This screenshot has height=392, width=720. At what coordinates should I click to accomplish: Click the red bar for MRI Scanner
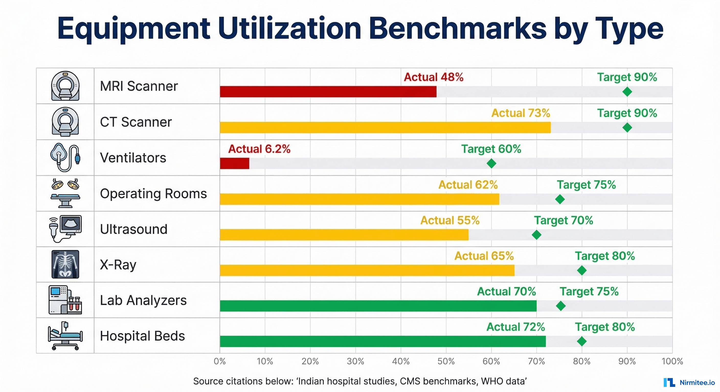(328, 92)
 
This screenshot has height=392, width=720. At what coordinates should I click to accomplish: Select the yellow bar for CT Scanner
(385, 128)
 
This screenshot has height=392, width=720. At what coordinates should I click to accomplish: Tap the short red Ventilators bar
(234, 164)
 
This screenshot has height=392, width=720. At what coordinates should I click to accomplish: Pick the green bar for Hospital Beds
(383, 341)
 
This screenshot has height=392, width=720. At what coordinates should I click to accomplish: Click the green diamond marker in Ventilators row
(491, 164)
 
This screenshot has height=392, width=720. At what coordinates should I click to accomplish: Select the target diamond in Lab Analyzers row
(561, 306)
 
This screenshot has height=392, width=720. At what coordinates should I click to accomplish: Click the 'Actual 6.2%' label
(259, 149)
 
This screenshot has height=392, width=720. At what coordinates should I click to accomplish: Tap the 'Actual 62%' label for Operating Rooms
(468, 185)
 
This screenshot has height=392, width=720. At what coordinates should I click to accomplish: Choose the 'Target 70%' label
(564, 220)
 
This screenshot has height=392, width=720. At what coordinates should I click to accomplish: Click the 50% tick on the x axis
(446, 361)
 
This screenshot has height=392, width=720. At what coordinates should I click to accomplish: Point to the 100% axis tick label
(672, 361)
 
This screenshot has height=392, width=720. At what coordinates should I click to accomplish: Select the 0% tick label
(220, 361)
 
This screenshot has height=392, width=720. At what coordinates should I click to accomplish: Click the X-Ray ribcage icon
(65, 264)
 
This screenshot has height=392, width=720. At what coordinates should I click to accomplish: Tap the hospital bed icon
(65, 336)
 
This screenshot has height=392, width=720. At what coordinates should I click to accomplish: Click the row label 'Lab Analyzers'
(143, 300)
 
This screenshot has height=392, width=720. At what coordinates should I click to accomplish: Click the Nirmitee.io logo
(689, 383)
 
